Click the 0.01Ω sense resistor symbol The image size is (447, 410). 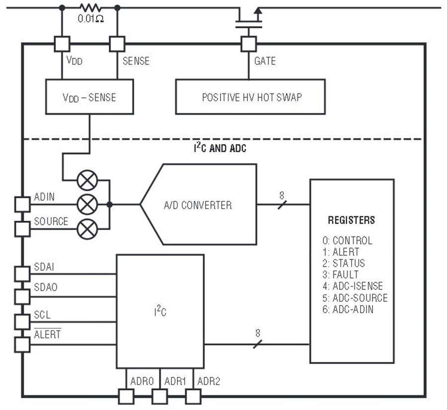pos(90,8)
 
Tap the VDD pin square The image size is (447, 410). pos(62,44)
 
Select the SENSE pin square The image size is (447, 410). pos(117,44)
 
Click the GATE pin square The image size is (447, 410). pos(249,44)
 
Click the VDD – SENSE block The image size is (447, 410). pos(89,97)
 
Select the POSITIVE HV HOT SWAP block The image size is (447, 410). pos(250,97)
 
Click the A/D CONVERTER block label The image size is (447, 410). pos(198,205)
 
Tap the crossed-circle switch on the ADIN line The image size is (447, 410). pos(87,205)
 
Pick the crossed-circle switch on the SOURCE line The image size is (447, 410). pos(87,229)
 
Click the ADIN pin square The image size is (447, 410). pos(22,204)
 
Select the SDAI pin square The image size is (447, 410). pos(22,274)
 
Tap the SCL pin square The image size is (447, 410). pos(22,322)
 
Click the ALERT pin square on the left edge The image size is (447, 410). pos(22,345)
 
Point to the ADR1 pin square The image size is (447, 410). pos(159,397)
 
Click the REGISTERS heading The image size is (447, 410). pos(351,220)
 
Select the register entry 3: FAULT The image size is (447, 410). pos(341,274)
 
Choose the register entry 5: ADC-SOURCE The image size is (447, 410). pos(355,298)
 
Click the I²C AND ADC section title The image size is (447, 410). pos(220,148)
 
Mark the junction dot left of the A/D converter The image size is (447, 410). pos(109,205)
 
